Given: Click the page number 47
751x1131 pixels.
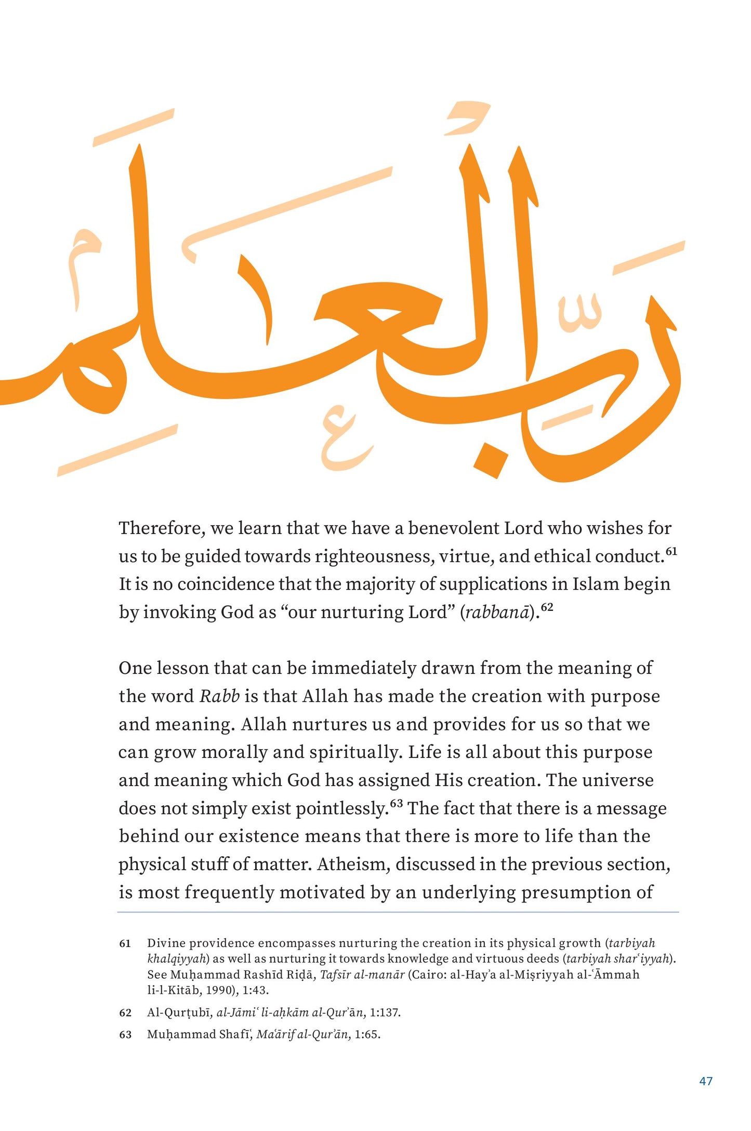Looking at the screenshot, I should (706, 1081).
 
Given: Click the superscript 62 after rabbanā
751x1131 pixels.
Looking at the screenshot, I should (547, 607).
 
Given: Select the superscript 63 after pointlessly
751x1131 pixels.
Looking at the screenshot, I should (397, 803).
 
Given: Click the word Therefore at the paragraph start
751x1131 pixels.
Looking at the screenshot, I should (160, 528).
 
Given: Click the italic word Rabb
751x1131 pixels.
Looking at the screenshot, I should (219, 696).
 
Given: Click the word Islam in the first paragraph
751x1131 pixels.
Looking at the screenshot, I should (596, 584).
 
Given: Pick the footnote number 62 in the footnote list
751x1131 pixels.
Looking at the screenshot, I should (125, 1013).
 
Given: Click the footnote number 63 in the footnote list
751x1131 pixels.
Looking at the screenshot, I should (125, 1034).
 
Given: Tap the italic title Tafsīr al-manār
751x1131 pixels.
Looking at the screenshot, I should (362, 975).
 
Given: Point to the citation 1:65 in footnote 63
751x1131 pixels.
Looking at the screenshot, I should (367, 1034).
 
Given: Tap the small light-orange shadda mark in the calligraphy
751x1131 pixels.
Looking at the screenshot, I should (579, 313).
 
